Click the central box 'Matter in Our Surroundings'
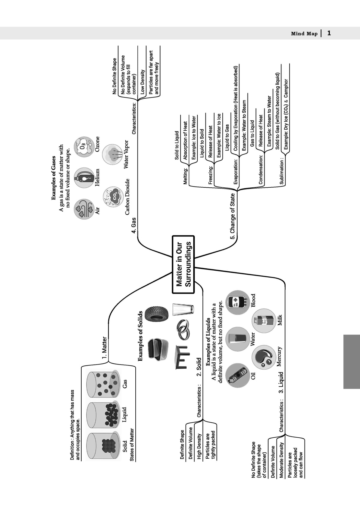coord(183,264)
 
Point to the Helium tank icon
coord(84,178)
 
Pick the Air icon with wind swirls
coord(84,209)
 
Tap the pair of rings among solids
coord(183,330)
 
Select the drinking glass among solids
coord(183,309)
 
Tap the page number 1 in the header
coord(329,34)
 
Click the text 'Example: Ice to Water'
coord(194,138)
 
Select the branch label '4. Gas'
coord(133,225)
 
